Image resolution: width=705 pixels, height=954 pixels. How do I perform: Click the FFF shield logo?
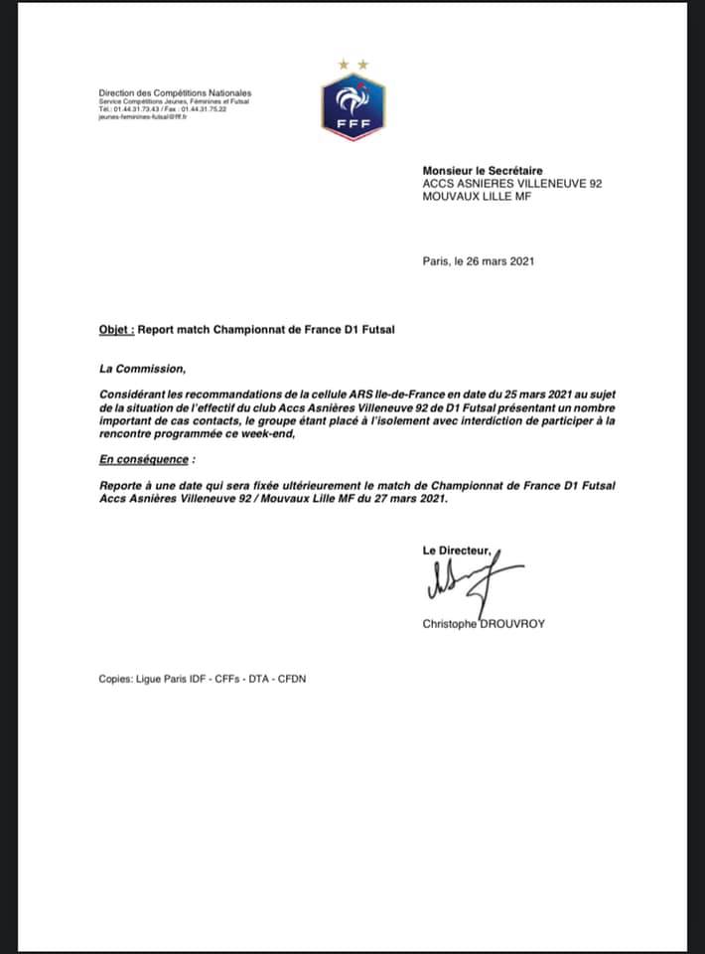(352, 106)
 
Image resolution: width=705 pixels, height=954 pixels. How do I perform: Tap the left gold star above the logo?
(344, 65)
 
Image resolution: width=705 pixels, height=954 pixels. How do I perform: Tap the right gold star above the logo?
(362, 65)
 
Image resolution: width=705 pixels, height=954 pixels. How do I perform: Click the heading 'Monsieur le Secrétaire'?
(483, 171)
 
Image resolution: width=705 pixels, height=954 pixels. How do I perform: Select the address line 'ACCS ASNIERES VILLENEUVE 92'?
(512, 184)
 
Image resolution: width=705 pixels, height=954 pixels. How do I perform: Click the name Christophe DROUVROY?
(485, 624)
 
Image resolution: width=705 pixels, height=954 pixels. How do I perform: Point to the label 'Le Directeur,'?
(456, 550)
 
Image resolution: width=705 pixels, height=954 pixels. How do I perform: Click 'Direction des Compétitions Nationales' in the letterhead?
(175, 93)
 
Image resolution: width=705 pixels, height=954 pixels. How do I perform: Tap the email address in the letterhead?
(143, 116)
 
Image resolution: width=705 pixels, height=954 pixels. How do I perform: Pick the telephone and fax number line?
(162, 109)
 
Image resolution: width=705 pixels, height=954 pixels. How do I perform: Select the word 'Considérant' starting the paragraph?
(136, 395)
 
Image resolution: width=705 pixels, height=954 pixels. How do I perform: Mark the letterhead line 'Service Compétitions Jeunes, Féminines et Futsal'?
(173, 102)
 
